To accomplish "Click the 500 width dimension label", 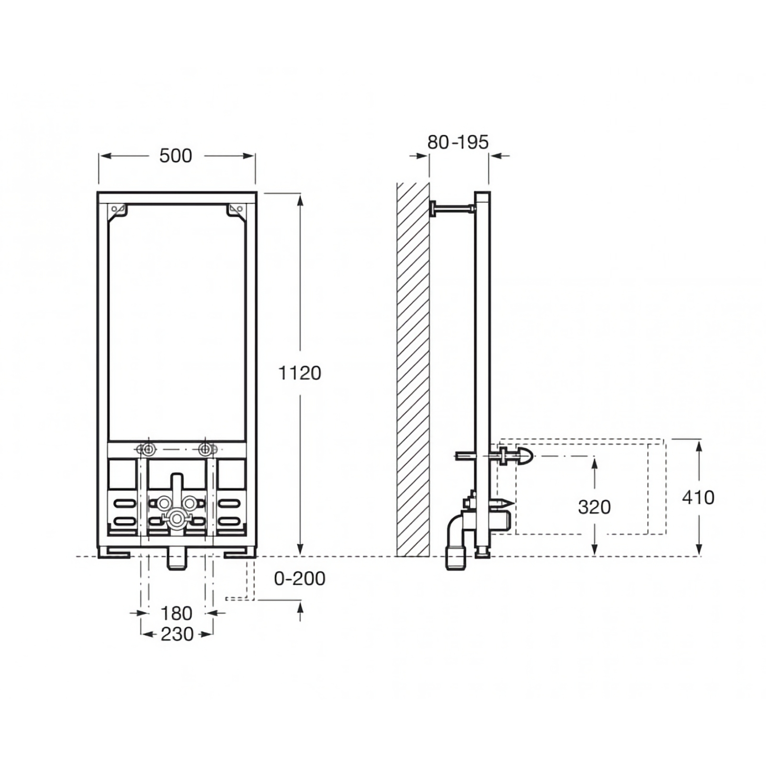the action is click(176, 156).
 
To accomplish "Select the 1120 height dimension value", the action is click(300, 373).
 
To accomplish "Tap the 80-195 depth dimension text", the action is click(458, 142).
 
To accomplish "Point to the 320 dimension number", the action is click(594, 507).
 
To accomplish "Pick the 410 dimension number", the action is click(698, 497).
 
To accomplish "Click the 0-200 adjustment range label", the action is click(300, 578).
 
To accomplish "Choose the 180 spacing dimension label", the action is click(176, 613).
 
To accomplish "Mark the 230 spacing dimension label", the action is click(177, 634).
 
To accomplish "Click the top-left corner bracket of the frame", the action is click(117, 212).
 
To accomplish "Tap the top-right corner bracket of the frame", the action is click(237, 212).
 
